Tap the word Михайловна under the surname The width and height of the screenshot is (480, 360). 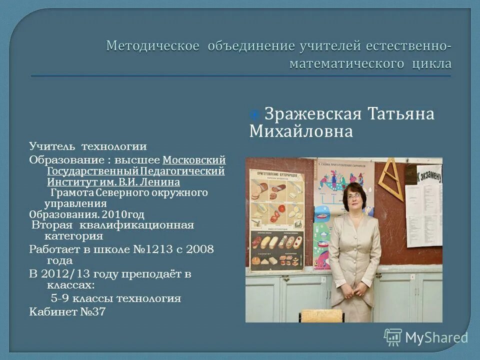click(x=301, y=131)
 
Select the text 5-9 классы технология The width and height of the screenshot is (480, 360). click(x=115, y=299)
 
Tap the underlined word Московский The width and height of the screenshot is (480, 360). click(x=194, y=160)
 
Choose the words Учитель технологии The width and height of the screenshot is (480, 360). click(x=87, y=146)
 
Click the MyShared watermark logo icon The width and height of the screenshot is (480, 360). click(x=393, y=337)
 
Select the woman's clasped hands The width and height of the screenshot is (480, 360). click(x=360, y=289)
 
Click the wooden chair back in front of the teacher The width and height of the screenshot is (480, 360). click(x=322, y=315)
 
